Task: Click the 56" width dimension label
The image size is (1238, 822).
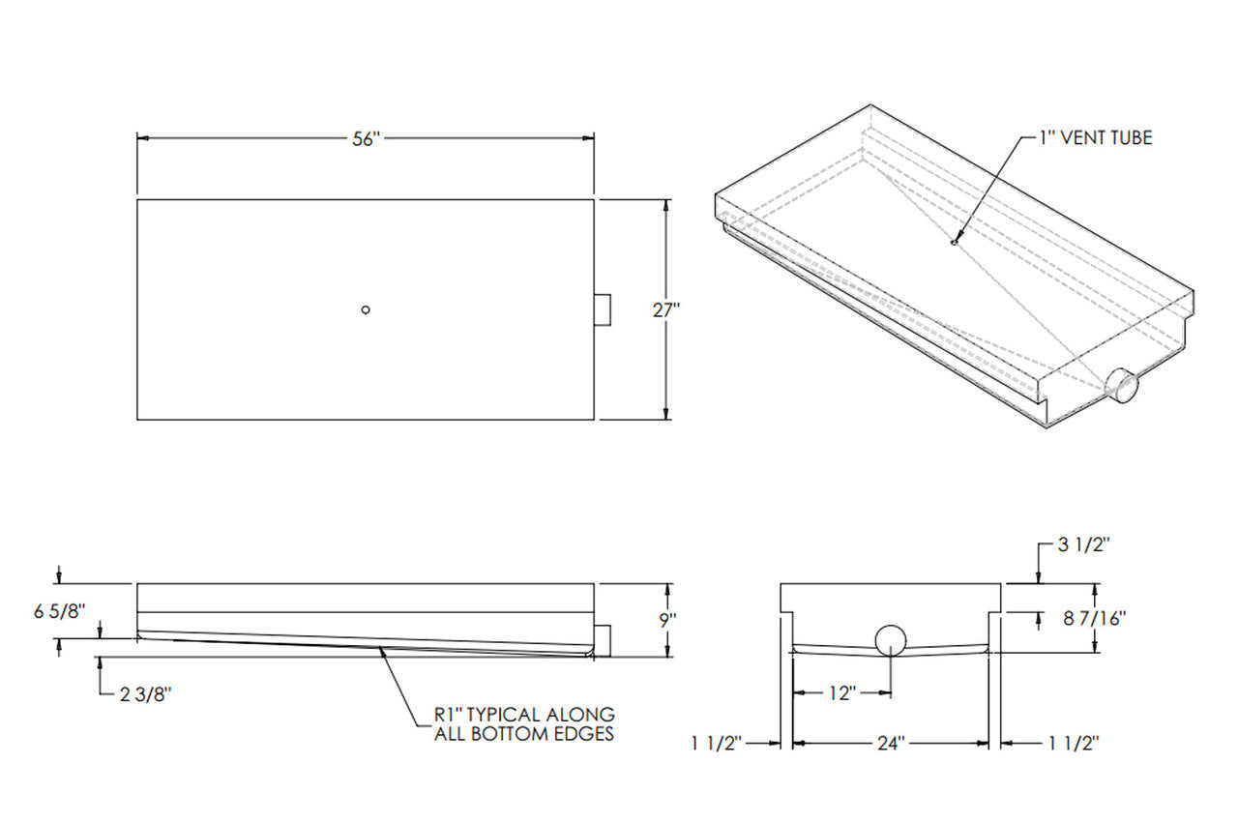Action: click(x=365, y=139)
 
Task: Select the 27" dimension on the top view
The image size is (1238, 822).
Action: click(x=666, y=309)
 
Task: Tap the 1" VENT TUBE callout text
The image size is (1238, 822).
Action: click(x=1096, y=138)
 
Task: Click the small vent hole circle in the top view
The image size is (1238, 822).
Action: click(x=365, y=309)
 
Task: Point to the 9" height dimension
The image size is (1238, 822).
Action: click(x=666, y=620)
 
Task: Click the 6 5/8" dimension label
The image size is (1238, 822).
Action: click(x=60, y=611)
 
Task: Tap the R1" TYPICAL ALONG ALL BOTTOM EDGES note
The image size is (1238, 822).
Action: click(x=523, y=723)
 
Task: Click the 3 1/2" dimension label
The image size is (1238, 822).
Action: click(x=1083, y=544)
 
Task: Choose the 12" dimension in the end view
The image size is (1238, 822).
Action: click(x=842, y=692)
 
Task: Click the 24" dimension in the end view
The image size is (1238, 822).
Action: click(x=890, y=743)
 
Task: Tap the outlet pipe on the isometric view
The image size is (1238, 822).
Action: click(x=1123, y=386)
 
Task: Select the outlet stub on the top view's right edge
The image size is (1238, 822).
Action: click(x=602, y=309)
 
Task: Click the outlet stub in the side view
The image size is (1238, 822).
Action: click(x=602, y=639)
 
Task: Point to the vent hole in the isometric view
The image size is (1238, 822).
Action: click(x=953, y=242)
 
